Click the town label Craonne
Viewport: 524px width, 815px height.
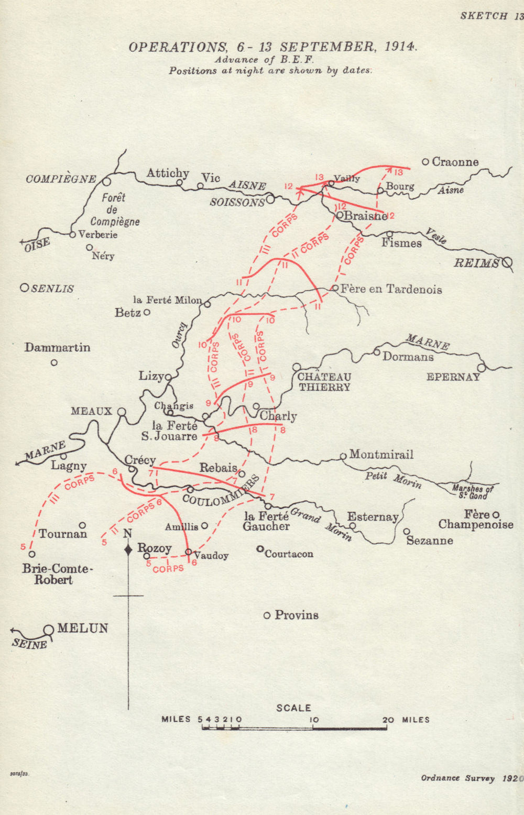point(455,162)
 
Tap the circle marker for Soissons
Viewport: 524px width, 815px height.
point(270,199)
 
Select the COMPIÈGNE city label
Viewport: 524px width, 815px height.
point(61,179)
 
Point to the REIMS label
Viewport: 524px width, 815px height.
point(476,263)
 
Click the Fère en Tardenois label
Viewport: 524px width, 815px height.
point(391,289)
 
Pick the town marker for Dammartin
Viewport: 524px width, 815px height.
point(54,362)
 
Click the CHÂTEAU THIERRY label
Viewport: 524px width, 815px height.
point(324,382)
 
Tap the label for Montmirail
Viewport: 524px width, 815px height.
point(381,455)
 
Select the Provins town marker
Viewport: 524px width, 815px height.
point(267,615)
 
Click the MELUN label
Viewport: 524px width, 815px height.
point(82,628)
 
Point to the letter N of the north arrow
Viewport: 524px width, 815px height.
point(127,534)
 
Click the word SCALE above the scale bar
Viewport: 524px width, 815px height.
point(293,708)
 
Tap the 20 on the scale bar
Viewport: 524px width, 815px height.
point(388,720)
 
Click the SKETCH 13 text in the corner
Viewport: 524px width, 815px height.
point(492,16)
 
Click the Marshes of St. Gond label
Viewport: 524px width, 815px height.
point(473,492)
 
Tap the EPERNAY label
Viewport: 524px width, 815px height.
point(453,377)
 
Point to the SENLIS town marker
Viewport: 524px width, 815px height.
point(24,288)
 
